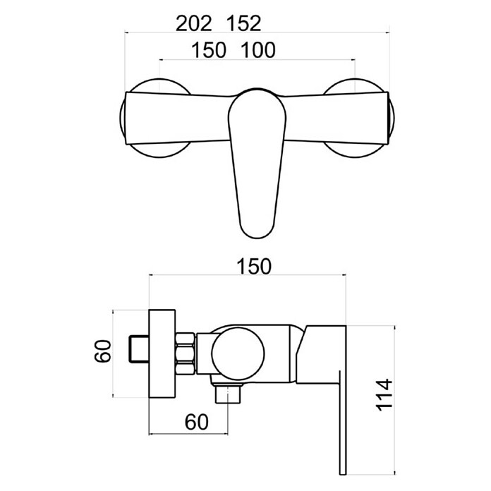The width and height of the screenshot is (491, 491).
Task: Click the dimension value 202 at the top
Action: pyautogui.click(x=194, y=23)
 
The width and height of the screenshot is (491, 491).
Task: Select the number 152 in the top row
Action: pyautogui.click(x=243, y=23)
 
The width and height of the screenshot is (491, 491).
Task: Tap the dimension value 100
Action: pyautogui.click(x=258, y=50)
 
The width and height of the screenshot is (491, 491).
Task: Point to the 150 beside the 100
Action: pyautogui.click(x=209, y=50)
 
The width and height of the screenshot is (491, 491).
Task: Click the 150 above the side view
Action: pyautogui.click(x=254, y=267)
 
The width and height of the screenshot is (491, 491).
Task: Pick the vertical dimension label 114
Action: pyautogui.click(x=384, y=395)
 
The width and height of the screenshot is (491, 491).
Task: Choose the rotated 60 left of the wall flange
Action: pyautogui.click(x=103, y=351)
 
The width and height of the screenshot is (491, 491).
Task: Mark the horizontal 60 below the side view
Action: pyautogui.click(x=196, y=422)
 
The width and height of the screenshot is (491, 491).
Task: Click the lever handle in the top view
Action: pyautogui.click(x=257, y=163)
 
